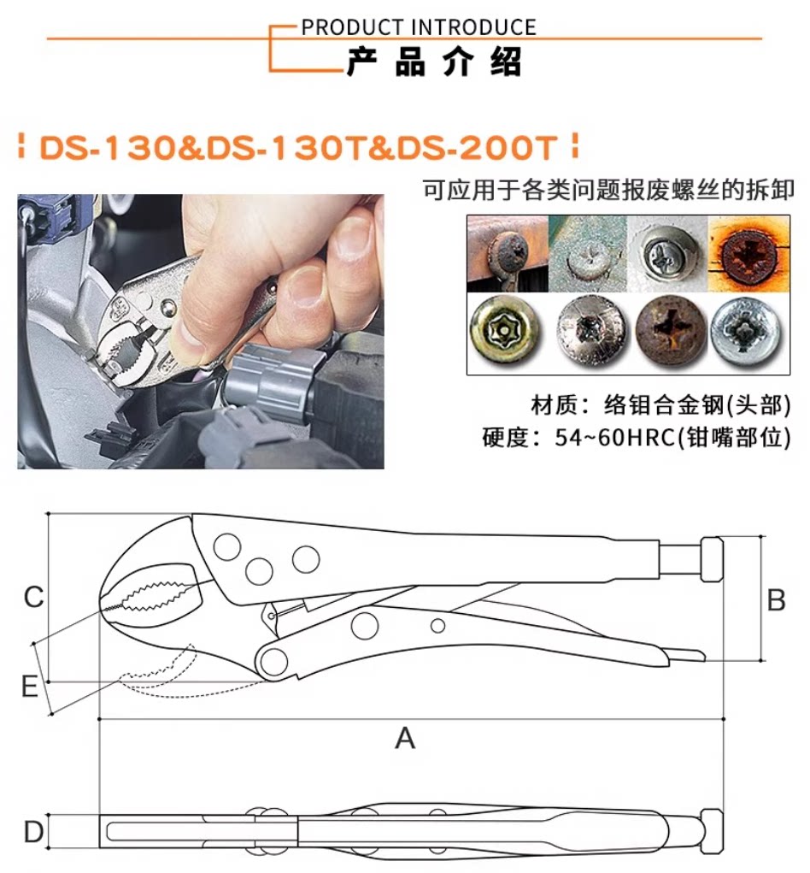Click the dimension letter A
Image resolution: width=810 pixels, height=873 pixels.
405,737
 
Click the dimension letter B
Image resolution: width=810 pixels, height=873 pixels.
776,601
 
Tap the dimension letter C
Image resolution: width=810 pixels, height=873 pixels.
33,597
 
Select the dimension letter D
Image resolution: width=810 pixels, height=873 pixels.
33,831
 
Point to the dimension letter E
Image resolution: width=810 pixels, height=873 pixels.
30,687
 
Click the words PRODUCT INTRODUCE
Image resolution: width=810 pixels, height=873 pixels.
419,27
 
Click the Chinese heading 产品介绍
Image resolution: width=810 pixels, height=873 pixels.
433,63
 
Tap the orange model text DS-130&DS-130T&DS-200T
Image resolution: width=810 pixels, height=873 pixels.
298,147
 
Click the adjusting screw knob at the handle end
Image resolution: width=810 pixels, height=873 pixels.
712,561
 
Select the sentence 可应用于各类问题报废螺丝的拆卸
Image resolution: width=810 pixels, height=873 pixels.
609,190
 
